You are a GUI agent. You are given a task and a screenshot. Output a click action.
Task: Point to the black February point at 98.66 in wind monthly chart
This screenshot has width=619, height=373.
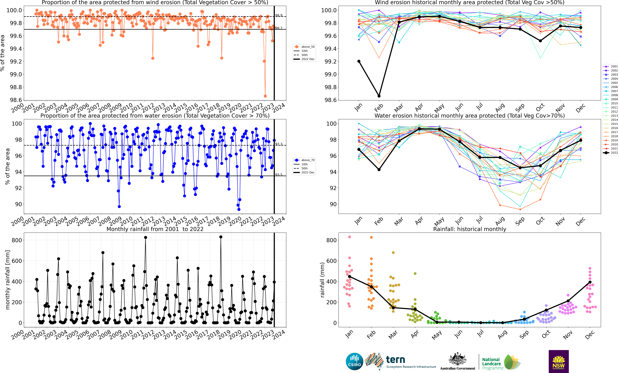pyautogui.click(x=379, y=96)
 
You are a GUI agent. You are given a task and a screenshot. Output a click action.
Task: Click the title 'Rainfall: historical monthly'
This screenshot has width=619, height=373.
pyautogui.click(x=470, y=229)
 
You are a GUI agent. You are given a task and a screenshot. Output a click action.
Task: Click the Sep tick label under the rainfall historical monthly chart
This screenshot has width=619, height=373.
pyautogui.click(x=524, y=334)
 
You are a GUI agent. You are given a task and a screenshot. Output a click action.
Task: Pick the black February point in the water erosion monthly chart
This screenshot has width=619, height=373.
pyautogui.click(x=379, y=170)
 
